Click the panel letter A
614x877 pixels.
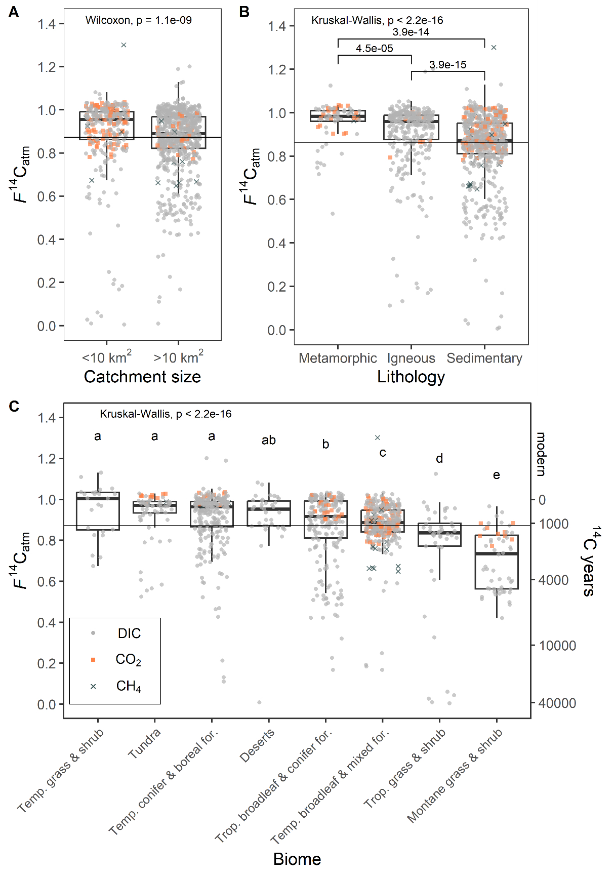[14, 12]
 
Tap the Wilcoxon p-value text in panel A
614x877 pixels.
[138, 20]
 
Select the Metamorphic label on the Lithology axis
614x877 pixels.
[338, 358]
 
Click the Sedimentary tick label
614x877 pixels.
[484, 358]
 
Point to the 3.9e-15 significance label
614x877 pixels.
[447, 65]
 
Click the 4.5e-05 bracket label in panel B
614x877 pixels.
[374, 49]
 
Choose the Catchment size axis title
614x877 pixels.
[142, 377]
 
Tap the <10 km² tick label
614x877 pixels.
[107, 357]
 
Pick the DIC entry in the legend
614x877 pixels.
[129, 633]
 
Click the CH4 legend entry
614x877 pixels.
[128, 686]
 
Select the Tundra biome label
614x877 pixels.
[144, 744]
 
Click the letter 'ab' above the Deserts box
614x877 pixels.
[268, 441]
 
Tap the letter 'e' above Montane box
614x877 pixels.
[496, 475]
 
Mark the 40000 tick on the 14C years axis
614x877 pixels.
[557, 703]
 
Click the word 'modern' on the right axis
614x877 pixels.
[541, 454]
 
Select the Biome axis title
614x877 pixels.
[297, 859]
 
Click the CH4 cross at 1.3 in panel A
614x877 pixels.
[124, 45]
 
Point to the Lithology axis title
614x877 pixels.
[411, 377]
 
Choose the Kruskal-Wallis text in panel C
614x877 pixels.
[166, 414]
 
